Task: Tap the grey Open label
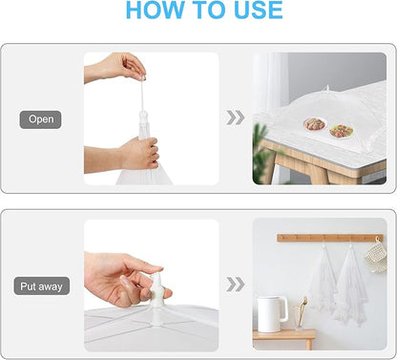click(40, 119)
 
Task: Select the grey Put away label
click(41, 286)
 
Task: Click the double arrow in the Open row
click(236, 117)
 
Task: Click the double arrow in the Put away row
click(236, 285)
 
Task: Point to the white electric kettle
click(272, 314)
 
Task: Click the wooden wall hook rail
click(330, 238)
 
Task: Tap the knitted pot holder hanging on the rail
click(377, 256)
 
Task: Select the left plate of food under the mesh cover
click(315, 124)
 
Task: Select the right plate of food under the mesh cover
click(342, 131)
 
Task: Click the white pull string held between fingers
click(142, 95)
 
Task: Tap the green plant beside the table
click(261, 153)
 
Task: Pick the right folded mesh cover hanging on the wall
click(351, 284)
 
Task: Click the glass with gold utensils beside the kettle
click(300, 315)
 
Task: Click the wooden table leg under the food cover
click(317, 175)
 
